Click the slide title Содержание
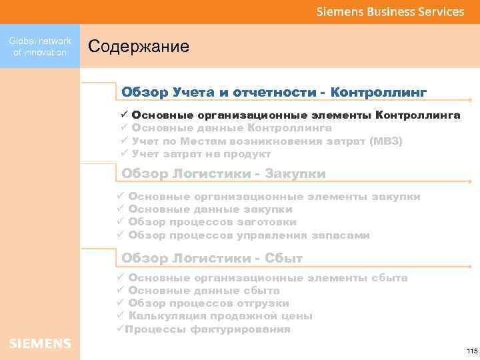[x=139, y=47]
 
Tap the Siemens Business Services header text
[x=390, y=11]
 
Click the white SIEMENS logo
[x=40, y=343]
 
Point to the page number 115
[x=472, y=351]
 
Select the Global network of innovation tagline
[x=40, y=47]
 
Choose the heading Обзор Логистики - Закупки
[x=223, y=174]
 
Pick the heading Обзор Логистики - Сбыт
[x=212, y=258]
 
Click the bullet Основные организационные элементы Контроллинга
[x=295, y=115]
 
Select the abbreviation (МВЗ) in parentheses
[x=386, y=141]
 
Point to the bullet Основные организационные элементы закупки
[x=273, y=197]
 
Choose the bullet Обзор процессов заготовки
[x=212, y=222]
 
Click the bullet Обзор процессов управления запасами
[x=248, y=235]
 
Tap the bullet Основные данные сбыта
[x=203, y=291]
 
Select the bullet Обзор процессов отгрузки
[x=208, y=303]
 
